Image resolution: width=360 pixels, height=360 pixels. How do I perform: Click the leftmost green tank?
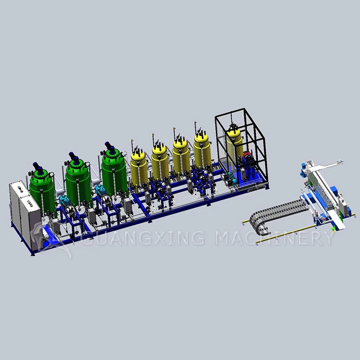pyautogui.click(x=42, y=193)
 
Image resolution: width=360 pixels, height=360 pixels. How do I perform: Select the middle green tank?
pyautogui.click(x=79, y=182)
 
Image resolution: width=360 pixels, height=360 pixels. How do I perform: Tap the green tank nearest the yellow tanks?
pyautogui.click(x=115, y=172)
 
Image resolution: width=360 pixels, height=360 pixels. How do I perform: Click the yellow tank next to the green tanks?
pyautogui.click(x=139, y=169)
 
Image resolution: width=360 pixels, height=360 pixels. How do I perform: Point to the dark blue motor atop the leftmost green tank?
pyautogui.click(x=37, y=168)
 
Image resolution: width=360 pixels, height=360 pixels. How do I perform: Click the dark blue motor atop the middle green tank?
pyautogui.click(x=74, y=157)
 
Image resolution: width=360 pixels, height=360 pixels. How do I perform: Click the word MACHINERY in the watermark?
pyautogui.click(x=274, y=238)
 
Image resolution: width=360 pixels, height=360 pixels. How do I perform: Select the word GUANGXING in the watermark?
pyautogui.click(x=143, y=238)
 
